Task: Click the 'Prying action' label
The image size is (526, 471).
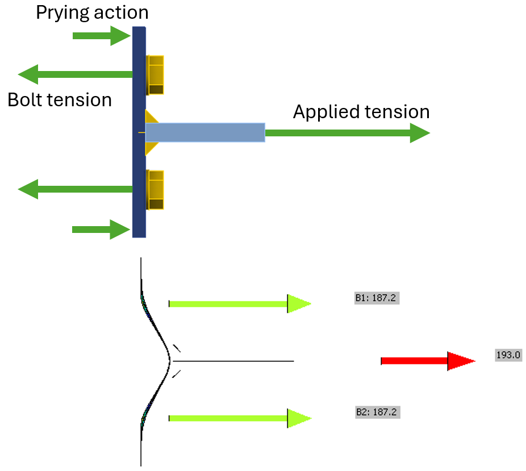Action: point(92,12)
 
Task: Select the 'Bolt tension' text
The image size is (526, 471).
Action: point(60,100)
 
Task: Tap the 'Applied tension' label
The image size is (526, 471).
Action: point(361,112)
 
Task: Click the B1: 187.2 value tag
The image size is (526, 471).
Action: point(377,298)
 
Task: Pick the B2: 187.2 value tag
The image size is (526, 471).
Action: point(378,412)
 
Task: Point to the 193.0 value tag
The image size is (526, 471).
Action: point(508,356)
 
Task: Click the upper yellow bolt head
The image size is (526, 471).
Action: point(156,74)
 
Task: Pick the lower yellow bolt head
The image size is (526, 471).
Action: point(156,190)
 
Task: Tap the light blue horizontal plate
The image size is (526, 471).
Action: point(205,132)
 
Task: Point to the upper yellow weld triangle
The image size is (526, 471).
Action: point(151,116)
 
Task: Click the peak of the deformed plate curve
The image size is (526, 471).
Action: point(170,360)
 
